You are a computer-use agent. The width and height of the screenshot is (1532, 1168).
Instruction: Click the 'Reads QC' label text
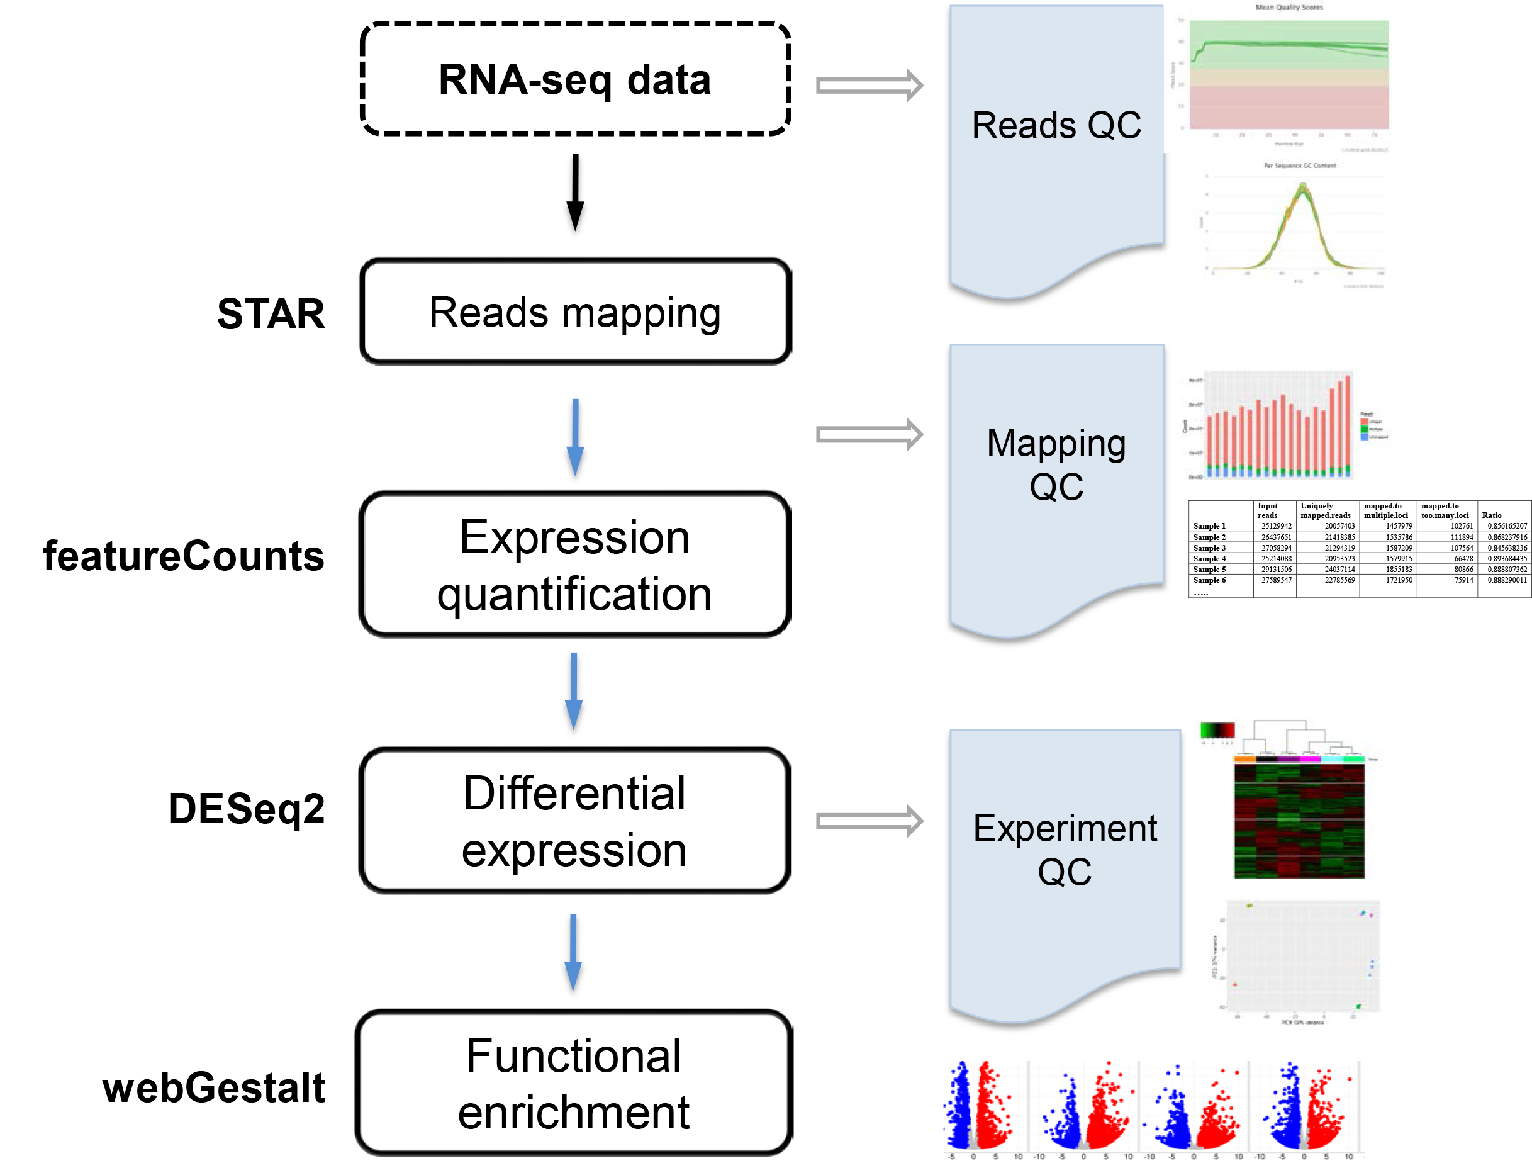point(1056,126)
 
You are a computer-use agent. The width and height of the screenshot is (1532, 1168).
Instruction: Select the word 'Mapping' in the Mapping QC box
point(1056,444)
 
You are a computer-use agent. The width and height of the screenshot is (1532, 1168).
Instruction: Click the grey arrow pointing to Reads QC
point(869,86)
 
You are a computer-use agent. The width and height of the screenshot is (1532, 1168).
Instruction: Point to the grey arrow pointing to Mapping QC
point(869,434)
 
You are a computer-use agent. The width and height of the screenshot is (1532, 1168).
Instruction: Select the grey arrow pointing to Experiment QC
point(869,821)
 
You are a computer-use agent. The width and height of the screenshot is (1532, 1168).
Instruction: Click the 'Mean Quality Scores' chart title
point(1289,8)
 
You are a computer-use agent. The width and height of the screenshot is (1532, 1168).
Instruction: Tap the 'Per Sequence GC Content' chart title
point(1299,166)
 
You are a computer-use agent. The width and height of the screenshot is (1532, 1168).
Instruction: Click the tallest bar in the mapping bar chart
point(1348,424)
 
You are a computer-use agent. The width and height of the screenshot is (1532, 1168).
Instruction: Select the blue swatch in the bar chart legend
point(1365,437)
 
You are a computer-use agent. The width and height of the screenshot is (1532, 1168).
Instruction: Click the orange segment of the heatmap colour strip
point(1245,759)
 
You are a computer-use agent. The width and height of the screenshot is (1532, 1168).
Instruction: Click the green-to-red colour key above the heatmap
point(1217,730)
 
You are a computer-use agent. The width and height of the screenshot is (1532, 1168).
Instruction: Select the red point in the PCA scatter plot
point(1234,984)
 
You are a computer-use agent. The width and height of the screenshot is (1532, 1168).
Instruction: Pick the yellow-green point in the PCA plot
point(1249,905)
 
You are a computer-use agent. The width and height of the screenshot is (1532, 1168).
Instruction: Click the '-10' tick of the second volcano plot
point(1039,1157)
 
